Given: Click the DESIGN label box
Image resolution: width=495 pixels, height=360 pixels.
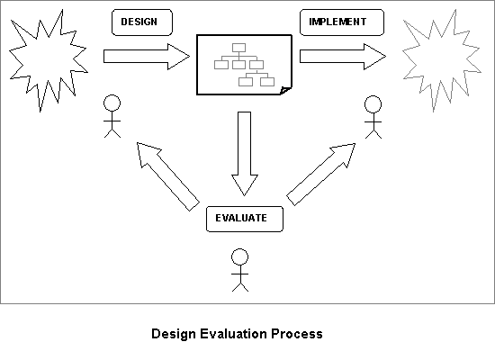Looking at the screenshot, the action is [x=142, y=22].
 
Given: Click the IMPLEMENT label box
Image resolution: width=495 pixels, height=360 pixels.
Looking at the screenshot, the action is [x=342, y=22].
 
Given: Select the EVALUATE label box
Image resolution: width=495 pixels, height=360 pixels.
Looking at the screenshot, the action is [x=245, y=220].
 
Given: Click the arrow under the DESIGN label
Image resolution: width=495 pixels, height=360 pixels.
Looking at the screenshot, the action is [x=147, y=57].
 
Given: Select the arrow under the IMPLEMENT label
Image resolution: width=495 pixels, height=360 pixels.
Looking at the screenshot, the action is [x=343, y=57].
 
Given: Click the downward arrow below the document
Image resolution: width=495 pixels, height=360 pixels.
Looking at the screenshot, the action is [x=245, y=154].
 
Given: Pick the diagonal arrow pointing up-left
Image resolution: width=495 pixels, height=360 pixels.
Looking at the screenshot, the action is [x=168, y=176].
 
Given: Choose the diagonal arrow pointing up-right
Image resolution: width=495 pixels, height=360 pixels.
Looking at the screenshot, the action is [x=321, y=175].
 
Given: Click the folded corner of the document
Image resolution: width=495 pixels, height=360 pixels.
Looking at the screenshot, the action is [x=285, y=91].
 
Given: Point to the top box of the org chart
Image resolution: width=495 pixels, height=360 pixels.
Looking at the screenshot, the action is [x=238, y=48].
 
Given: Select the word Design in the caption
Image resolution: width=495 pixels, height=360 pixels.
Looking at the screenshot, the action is [x=174, y=335].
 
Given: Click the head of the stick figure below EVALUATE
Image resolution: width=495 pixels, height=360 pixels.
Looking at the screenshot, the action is [x=240, y=256].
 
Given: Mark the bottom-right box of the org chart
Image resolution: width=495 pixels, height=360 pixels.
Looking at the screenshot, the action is [x=267, y=82].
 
